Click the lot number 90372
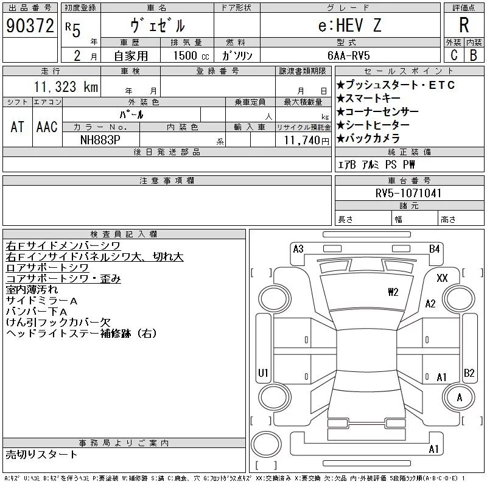pos(30,26)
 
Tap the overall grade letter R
pos(464,25)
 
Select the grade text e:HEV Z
pos(349,25)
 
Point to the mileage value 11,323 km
pos(66,87)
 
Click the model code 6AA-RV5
pos(348,55)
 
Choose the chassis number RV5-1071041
pos(408,193)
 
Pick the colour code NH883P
pos(100,140)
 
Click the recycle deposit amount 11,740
pos(301,141)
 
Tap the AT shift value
pos(17,127)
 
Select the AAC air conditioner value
pos(47,127)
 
